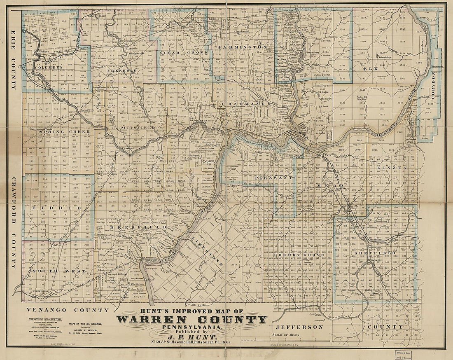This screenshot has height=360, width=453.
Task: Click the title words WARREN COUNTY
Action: (x=192, y=320)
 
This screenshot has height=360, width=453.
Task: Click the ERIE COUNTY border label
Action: (x=13, y=60)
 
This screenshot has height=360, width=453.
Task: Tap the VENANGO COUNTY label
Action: (x=68, y=310)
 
